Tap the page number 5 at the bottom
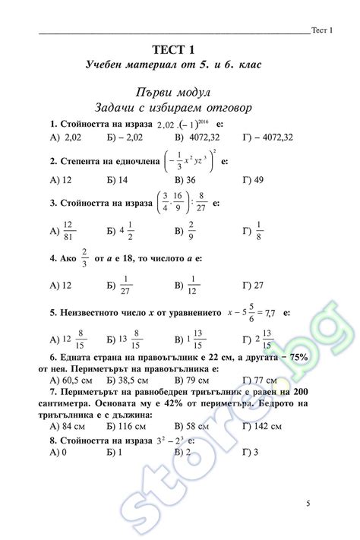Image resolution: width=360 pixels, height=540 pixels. point(308,504)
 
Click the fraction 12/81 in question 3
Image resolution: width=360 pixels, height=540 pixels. point(68,230)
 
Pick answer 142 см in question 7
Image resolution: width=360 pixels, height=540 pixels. point(265,427)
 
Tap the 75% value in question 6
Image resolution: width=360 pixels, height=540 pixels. point(315,357)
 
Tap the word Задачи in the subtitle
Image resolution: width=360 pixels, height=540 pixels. point(114,107)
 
